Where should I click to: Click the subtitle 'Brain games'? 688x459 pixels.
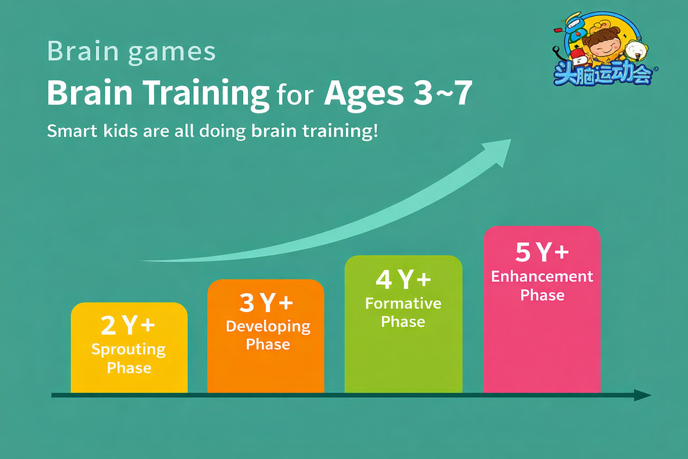tap(131, 52)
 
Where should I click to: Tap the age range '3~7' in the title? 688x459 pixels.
tap(442, 92)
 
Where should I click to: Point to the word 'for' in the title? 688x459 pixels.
tap(295, 96)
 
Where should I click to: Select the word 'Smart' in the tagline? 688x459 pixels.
tap(72, 131)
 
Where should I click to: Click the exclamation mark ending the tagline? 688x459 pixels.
tap(375, 130)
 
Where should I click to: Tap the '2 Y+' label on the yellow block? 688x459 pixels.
tap(128, 325)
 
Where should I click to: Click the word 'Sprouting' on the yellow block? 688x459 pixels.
tap(129, 350)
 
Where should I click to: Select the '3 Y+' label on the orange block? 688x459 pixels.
tap(266, 303)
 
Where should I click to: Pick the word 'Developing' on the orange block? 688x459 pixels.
tap(268, 326)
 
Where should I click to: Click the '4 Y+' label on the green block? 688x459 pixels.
tap(403, 279)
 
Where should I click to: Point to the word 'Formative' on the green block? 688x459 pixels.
tap(403, 303)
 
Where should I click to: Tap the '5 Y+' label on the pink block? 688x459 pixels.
tap(542, 252)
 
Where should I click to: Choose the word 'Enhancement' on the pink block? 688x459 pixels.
tap(542, 277)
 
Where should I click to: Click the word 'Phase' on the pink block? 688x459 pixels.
tap(542, 295)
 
